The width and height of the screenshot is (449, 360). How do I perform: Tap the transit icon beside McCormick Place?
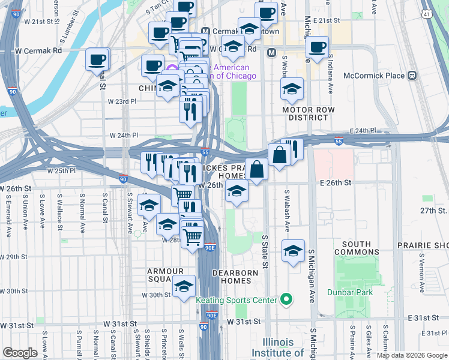pyautogui.click(x=412, y=76)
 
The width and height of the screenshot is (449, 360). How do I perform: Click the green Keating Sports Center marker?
pyautogui.click(x=287, y=299)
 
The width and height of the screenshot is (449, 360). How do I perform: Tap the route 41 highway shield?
pyautogui.click(x=426, y=13)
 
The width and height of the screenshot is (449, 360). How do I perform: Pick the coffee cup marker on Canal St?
pyautogui.click(x=97, y=59)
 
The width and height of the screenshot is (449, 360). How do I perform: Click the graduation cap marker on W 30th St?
pyautogui.click(x=184, y=286)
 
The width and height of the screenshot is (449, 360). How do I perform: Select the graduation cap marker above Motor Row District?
pyautogui.click(x=292, y=89)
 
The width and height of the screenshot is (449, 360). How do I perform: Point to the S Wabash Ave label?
pyautogui.click(x=287, y=211)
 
